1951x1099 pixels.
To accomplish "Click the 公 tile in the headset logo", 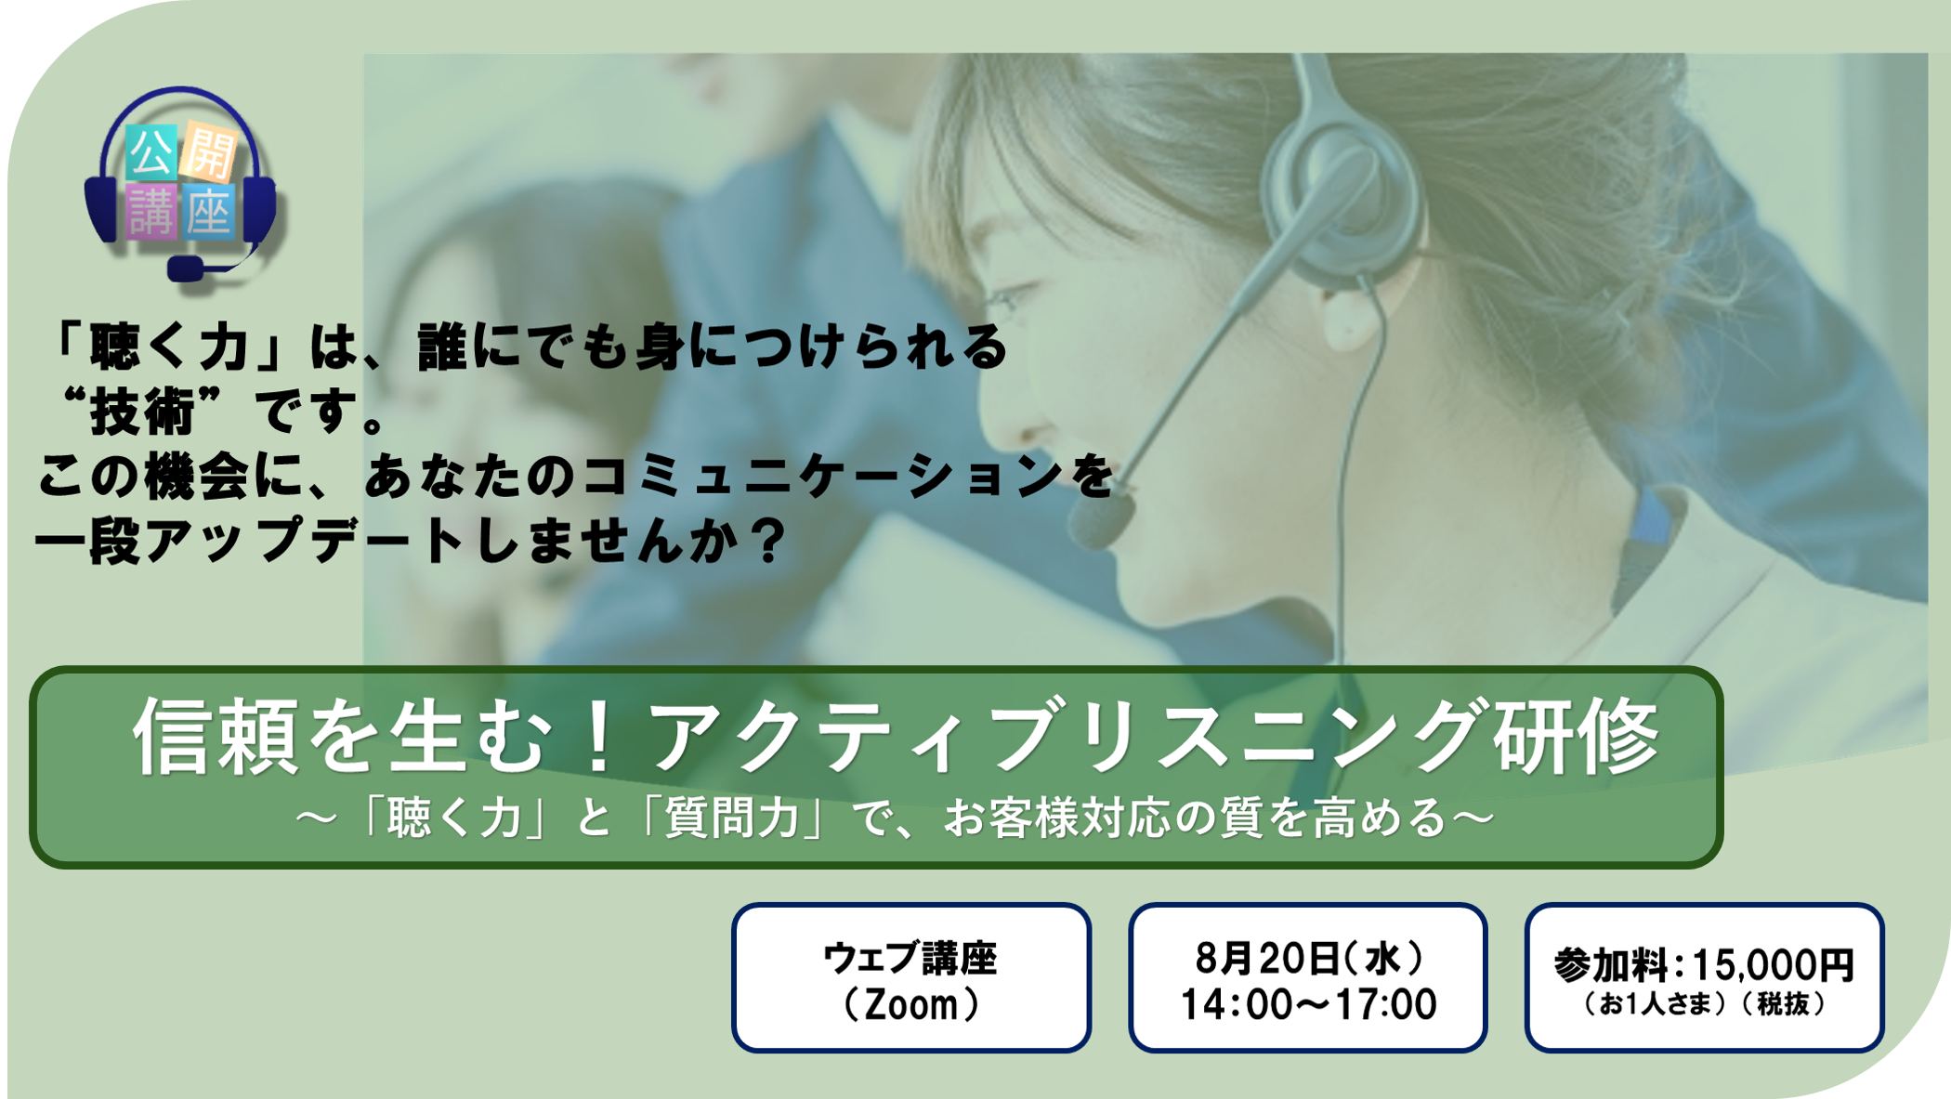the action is pos(151,153).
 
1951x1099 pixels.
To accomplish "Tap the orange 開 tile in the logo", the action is pos(209,151).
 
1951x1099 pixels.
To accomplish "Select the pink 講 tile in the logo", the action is pos(151,212).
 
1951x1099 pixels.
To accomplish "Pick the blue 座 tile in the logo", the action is pos(208,213).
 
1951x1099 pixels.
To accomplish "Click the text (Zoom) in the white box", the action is pos(911,1004).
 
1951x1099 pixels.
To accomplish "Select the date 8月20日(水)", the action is pos(1309,959).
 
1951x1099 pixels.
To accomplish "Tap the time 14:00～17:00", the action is pos(1308,1005).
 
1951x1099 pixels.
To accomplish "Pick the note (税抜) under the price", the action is pos(1783,1004).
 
